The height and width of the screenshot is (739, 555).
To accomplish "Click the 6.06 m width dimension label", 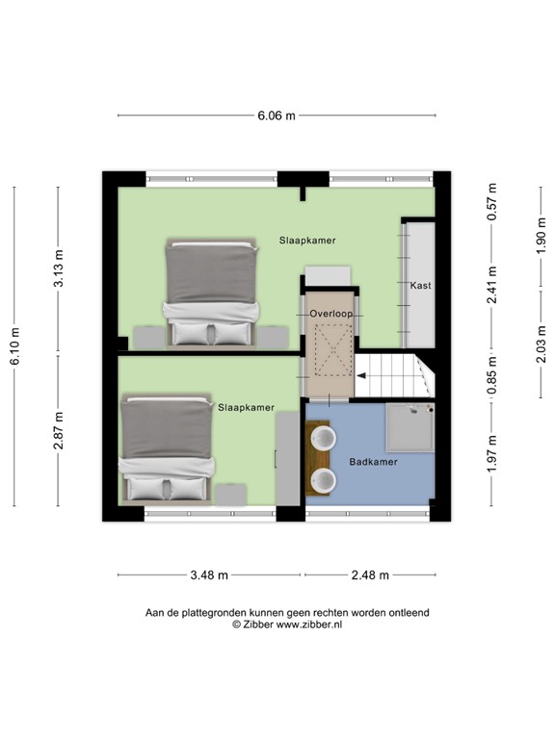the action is click(x=277, y=115).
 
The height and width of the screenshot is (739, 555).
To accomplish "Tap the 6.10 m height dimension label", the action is click(x=15, y=346).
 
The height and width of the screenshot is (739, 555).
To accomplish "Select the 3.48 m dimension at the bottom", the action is click(x=209, y=575).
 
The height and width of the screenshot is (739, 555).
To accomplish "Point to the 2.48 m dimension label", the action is click(x=370, y=575).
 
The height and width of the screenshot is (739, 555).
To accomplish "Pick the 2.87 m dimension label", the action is click(x=59, y=430).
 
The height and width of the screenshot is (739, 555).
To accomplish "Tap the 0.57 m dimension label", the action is click(x=492, y=202).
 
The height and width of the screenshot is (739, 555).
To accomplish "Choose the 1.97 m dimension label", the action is click(x=492, y=453).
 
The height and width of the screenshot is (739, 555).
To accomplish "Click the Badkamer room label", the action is click(x=373, y=462).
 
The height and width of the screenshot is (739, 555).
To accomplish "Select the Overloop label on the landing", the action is click(x=331, y=314).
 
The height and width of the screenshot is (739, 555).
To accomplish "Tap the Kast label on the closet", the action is click(x=420, y=285).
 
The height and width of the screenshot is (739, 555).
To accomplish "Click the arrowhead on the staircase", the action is click(x=361, y=375).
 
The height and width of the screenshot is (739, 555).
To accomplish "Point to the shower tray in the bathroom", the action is click(x=410, y=427).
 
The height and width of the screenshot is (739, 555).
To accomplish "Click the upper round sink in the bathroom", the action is click(x=324, y=438).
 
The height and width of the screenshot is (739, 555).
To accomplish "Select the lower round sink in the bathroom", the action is click(x=324, y=480).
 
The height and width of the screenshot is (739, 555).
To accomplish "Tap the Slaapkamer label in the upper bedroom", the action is click(x=307, y=241).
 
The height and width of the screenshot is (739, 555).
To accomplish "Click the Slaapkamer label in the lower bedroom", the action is click(x=246, y=408).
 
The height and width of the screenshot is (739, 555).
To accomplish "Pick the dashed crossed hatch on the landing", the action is click(x=333, y=350).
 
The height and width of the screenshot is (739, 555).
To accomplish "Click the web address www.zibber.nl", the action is click(x=309, y=624).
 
